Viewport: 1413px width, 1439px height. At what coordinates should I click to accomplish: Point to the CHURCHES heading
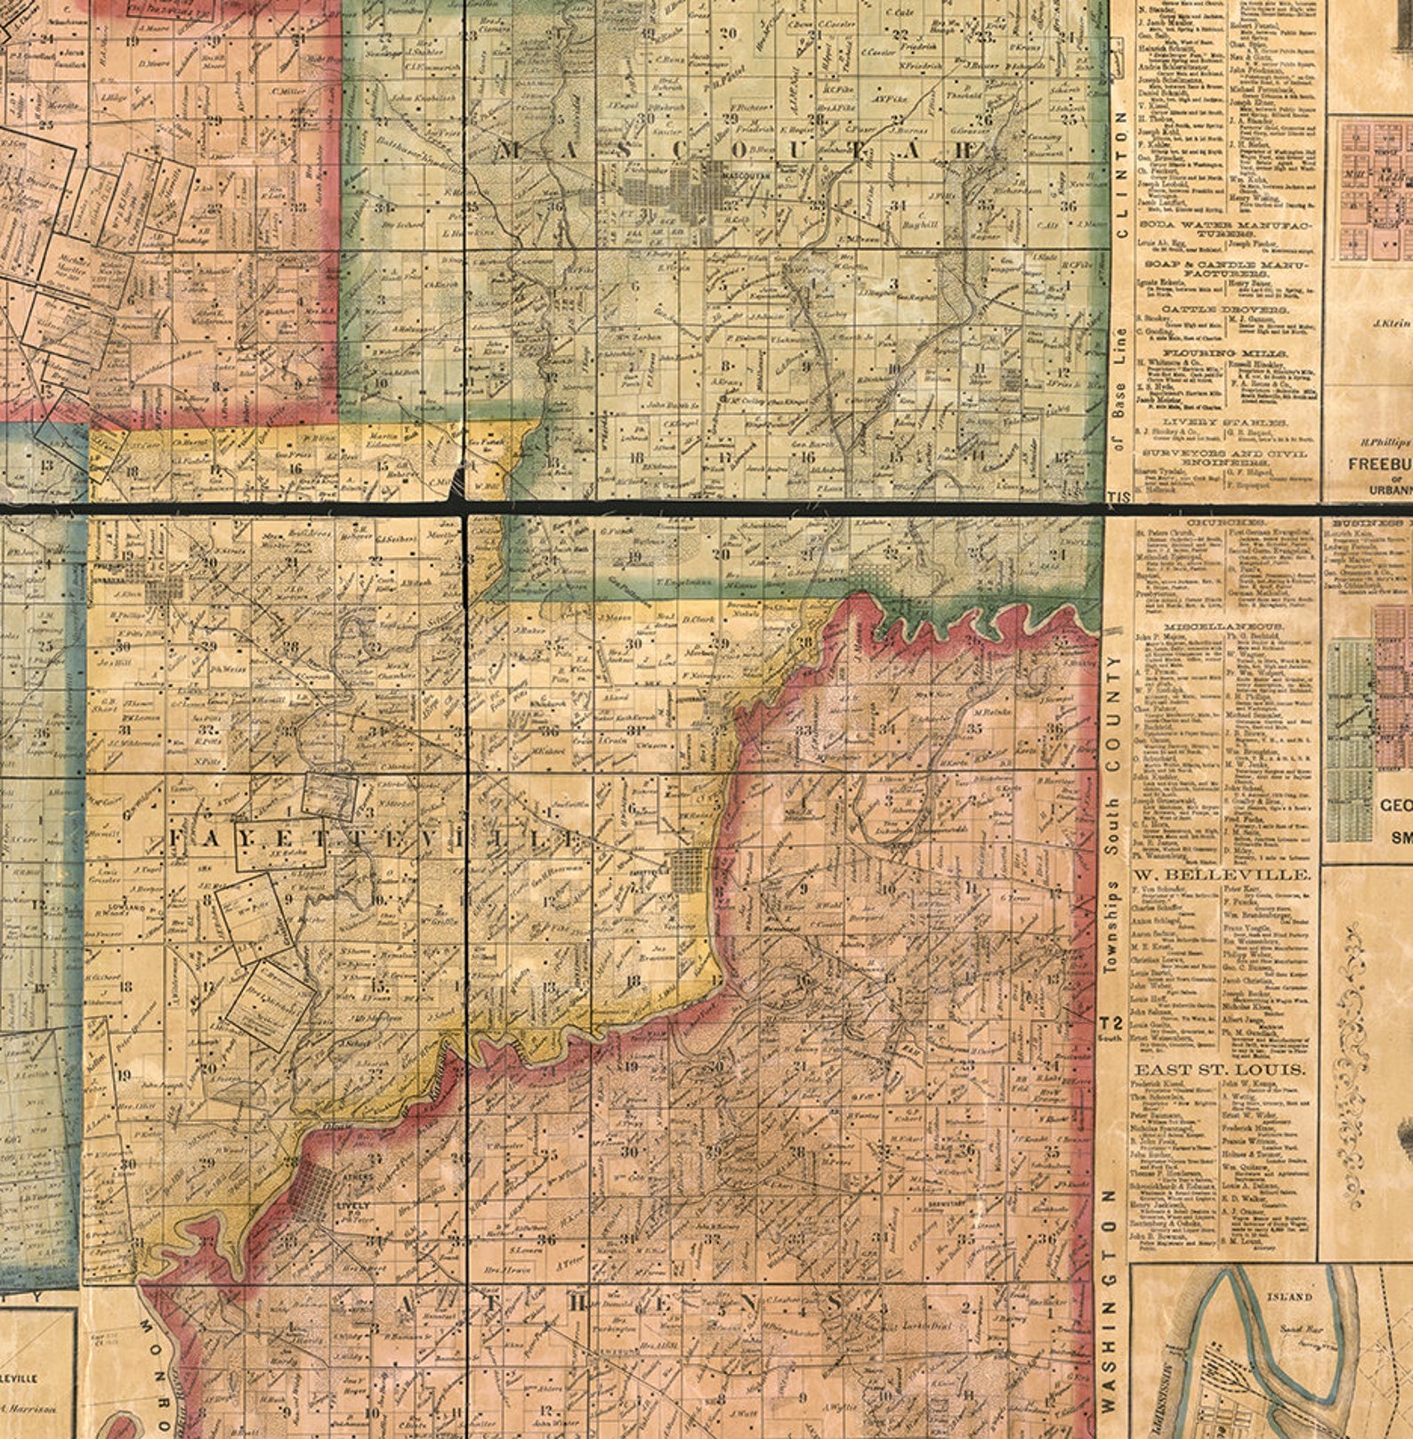tap(1224, 521)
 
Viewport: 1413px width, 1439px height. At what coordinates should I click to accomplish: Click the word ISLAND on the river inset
tap(1288, 1297)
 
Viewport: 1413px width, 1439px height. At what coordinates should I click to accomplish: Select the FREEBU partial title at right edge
tap(1379, 464)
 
